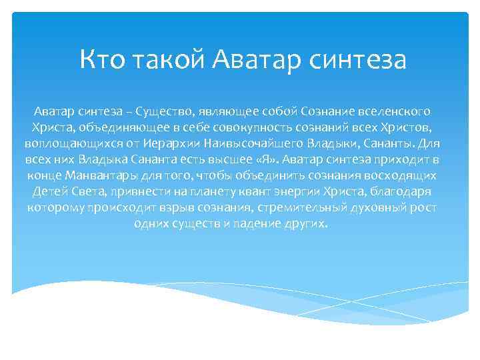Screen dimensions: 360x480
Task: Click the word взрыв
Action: (178, 208)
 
